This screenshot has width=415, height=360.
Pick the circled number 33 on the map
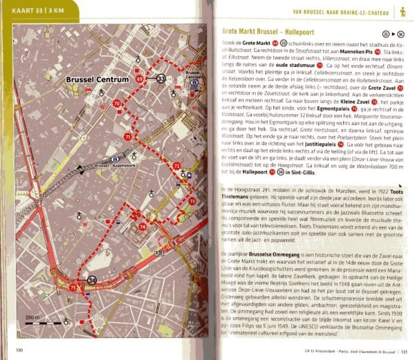[x=161, y=79]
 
